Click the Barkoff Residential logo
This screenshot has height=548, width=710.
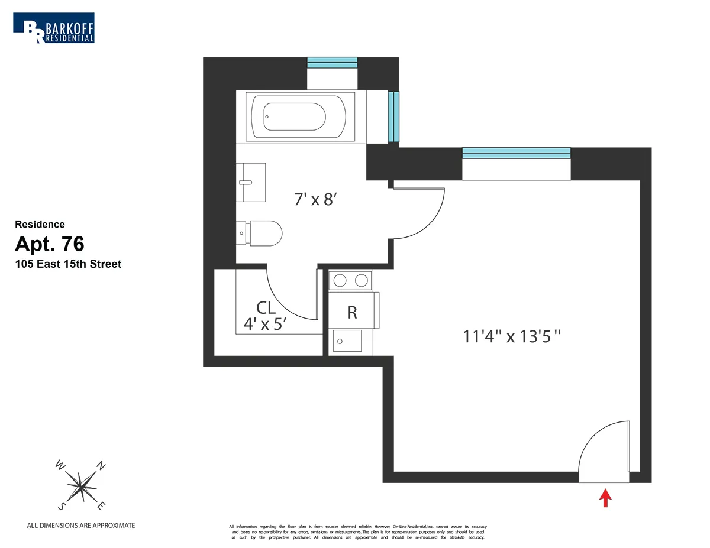pos(54,28)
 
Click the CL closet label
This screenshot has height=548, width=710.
pos(266,307)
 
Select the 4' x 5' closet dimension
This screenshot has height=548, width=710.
pos(265,324)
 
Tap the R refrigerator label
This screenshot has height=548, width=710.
pos(352,313)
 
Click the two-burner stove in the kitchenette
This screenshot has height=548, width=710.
pos(351,280)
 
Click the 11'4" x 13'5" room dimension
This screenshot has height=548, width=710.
pos(511,337)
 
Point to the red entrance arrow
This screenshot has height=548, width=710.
pos(605,498)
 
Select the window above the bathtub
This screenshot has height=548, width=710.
pos(332,63)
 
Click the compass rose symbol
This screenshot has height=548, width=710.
pos(82,485)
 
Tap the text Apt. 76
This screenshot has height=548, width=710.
pos(50,244)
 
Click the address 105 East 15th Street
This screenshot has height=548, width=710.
pos(68,264)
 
